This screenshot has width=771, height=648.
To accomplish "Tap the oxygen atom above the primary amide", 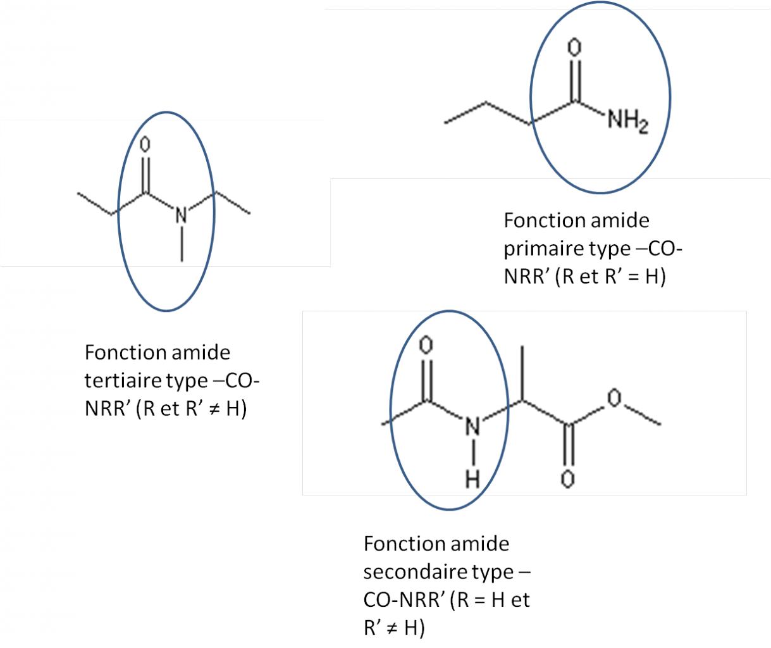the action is click(575, 47).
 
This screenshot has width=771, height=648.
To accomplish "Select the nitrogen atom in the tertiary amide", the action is click(181, 216).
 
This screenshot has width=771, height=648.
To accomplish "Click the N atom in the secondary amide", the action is click(472, 427).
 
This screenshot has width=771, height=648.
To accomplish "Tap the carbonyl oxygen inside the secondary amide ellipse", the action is click(426, 345).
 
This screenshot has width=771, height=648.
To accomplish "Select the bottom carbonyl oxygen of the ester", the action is click(567, 479).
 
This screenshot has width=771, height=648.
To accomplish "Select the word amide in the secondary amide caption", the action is click(481, 543).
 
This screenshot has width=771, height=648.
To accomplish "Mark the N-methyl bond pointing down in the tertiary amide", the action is click(182, 244).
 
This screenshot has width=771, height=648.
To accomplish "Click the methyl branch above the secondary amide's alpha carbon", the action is click(522, 373).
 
